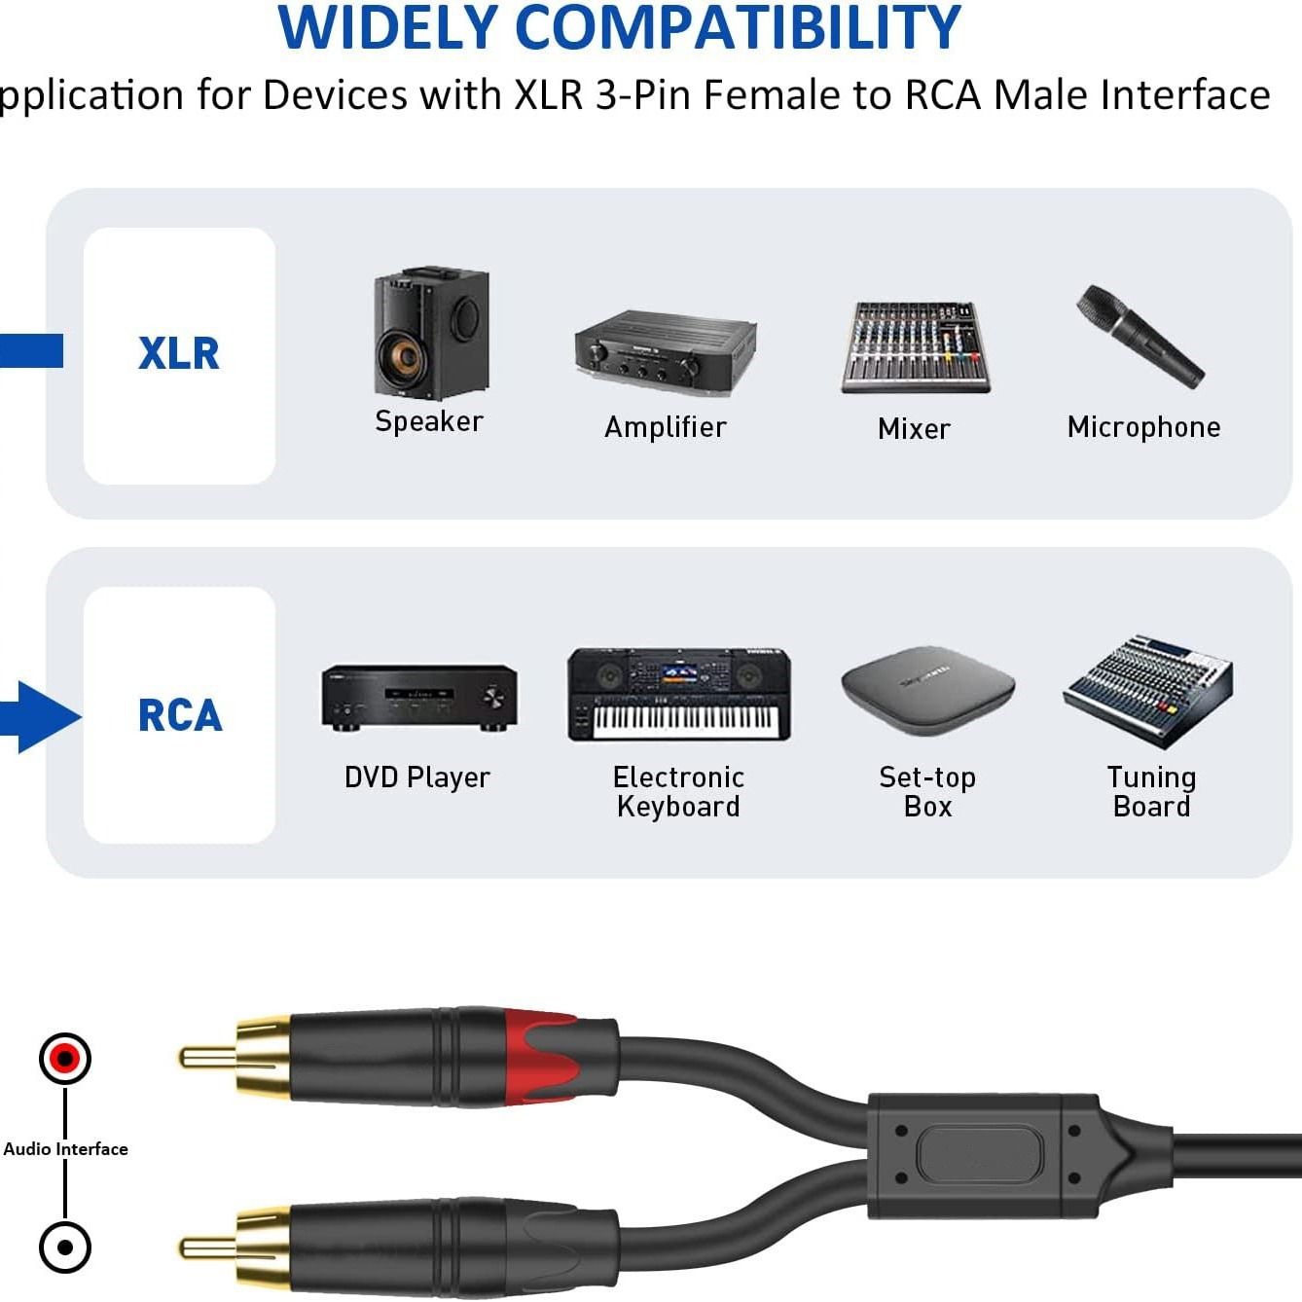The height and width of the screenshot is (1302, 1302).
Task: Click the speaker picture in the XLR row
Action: pyautogui.click(x=430, y=332)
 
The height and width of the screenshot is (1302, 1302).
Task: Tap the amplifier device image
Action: pyautogui.click(x=666, y=347)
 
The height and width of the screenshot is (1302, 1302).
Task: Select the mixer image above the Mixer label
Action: pyautogui.click(x=915, y=347)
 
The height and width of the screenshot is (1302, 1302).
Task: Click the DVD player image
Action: pyautogui.click(x=418, y=698)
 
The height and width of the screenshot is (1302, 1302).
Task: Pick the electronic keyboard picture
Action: pyautogui.click(x=679, y=694)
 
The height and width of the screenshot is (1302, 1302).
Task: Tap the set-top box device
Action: pyautogui.click(x=927, y=690)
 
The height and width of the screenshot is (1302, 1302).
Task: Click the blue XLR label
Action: pyautogui.click(x=179, y=353)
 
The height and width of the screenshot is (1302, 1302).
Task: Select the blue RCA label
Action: pyautogui.click(x=180, y=716)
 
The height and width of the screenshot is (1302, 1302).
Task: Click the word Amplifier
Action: pyautogui.click(x=666, y=427)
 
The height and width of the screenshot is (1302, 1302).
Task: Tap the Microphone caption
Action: pyautogui.click(x=1143, y=427)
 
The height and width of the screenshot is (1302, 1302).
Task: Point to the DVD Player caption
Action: pyautogui.click(x=417, y=778)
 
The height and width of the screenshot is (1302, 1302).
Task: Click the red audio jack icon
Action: pyautogui.click(x=65, y=1058)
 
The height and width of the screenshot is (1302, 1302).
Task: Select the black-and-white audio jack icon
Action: pyautogui.click(x=65, y=1247)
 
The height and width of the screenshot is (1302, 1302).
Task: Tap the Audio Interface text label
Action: pyautogui.click(x=65, y=1149)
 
